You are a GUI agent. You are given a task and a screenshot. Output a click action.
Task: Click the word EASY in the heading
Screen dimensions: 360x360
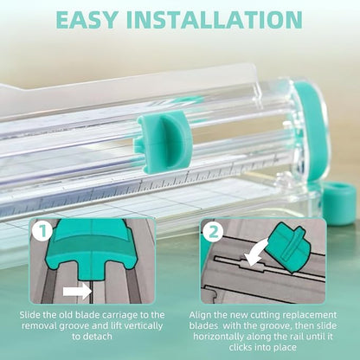pos(87,20)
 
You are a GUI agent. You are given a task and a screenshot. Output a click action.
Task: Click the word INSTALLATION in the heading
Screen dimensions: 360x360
pos(215,20)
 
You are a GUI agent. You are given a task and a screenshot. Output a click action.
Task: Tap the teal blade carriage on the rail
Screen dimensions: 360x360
pos(164,142)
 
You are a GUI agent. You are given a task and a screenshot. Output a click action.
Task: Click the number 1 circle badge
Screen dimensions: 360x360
pos(42,231)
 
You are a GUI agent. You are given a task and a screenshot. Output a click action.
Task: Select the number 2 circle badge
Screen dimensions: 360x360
pos(214,231)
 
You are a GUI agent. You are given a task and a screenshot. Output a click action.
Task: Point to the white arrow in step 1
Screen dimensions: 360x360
pos(77,292)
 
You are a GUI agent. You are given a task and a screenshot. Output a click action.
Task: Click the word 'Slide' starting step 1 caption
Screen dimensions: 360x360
pos(30,315)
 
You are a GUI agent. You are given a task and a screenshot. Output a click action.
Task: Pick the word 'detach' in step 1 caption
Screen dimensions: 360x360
pos(98,337)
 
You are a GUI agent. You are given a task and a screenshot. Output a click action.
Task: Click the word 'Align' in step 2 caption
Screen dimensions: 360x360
pos(199,315)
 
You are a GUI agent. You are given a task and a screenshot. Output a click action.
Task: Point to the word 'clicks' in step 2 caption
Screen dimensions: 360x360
pos(241,347)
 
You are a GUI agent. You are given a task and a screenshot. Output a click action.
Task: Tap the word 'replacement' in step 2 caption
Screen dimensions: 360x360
pos(310,316)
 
